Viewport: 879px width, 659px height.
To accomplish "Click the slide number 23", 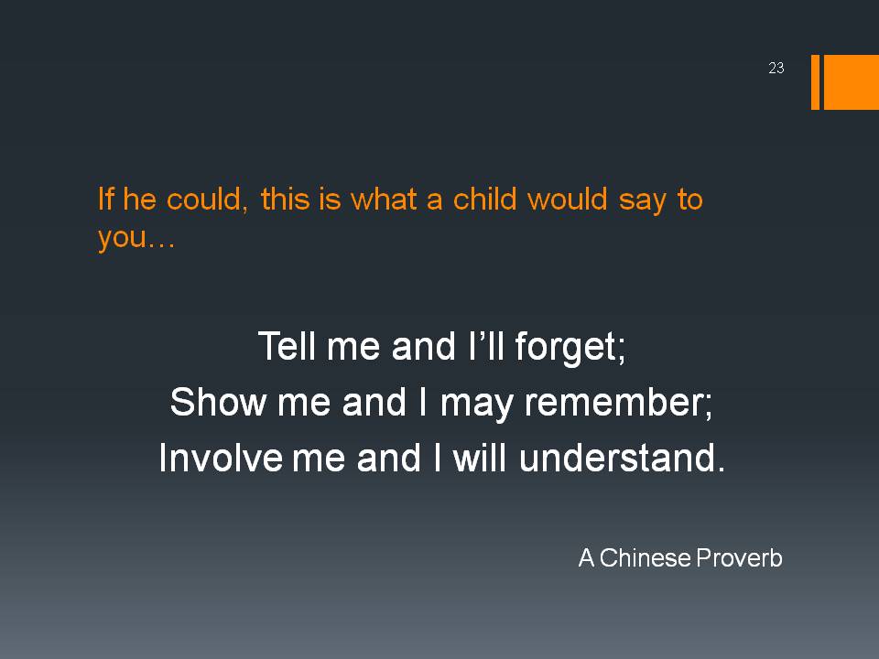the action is click(776, 68).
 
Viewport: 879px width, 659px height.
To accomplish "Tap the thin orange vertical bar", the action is click(815, 81).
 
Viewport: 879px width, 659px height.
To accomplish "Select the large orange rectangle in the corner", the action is click(851, 81).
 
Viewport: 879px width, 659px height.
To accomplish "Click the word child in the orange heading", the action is click(484, 199).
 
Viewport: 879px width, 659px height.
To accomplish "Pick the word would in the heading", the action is click(568, 199).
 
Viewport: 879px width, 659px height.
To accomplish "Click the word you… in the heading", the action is click(136, 238).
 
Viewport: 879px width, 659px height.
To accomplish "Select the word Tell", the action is click(287, 345).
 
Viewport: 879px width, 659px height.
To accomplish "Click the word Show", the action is click(218, 402).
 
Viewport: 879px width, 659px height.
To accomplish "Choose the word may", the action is click(476, 404).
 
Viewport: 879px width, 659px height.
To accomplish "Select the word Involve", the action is click(221, 458).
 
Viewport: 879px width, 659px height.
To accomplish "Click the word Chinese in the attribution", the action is click(645, 557).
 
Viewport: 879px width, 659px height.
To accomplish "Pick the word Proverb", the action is click(739, 557).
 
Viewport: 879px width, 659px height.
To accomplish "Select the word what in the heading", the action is click(384, 199).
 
